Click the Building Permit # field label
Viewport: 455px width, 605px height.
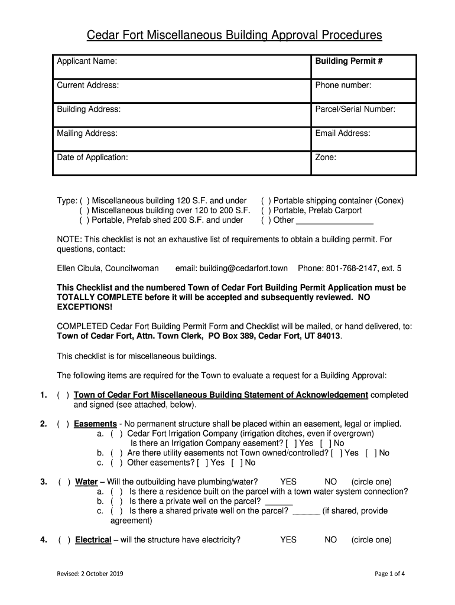(x=349, y=61)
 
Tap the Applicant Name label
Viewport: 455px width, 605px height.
(x=86, y=61)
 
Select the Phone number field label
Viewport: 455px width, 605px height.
(x=343, y=86)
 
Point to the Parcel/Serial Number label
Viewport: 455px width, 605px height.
(x=355, y=109)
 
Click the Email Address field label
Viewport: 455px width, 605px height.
(x=343, y=134)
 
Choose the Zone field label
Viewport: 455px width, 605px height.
(x=326, y=158)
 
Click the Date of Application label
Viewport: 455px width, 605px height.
(x=92, y=158)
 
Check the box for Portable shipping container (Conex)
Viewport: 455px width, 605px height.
(x=266, y=201)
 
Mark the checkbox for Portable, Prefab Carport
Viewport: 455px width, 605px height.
(x=266, y=210)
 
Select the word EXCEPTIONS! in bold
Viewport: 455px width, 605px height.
(x=84, y=308)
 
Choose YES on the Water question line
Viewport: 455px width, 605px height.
(x=288, y=482)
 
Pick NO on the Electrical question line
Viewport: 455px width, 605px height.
(x=331, y=539)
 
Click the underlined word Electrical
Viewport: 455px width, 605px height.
(x=93, y=539)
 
